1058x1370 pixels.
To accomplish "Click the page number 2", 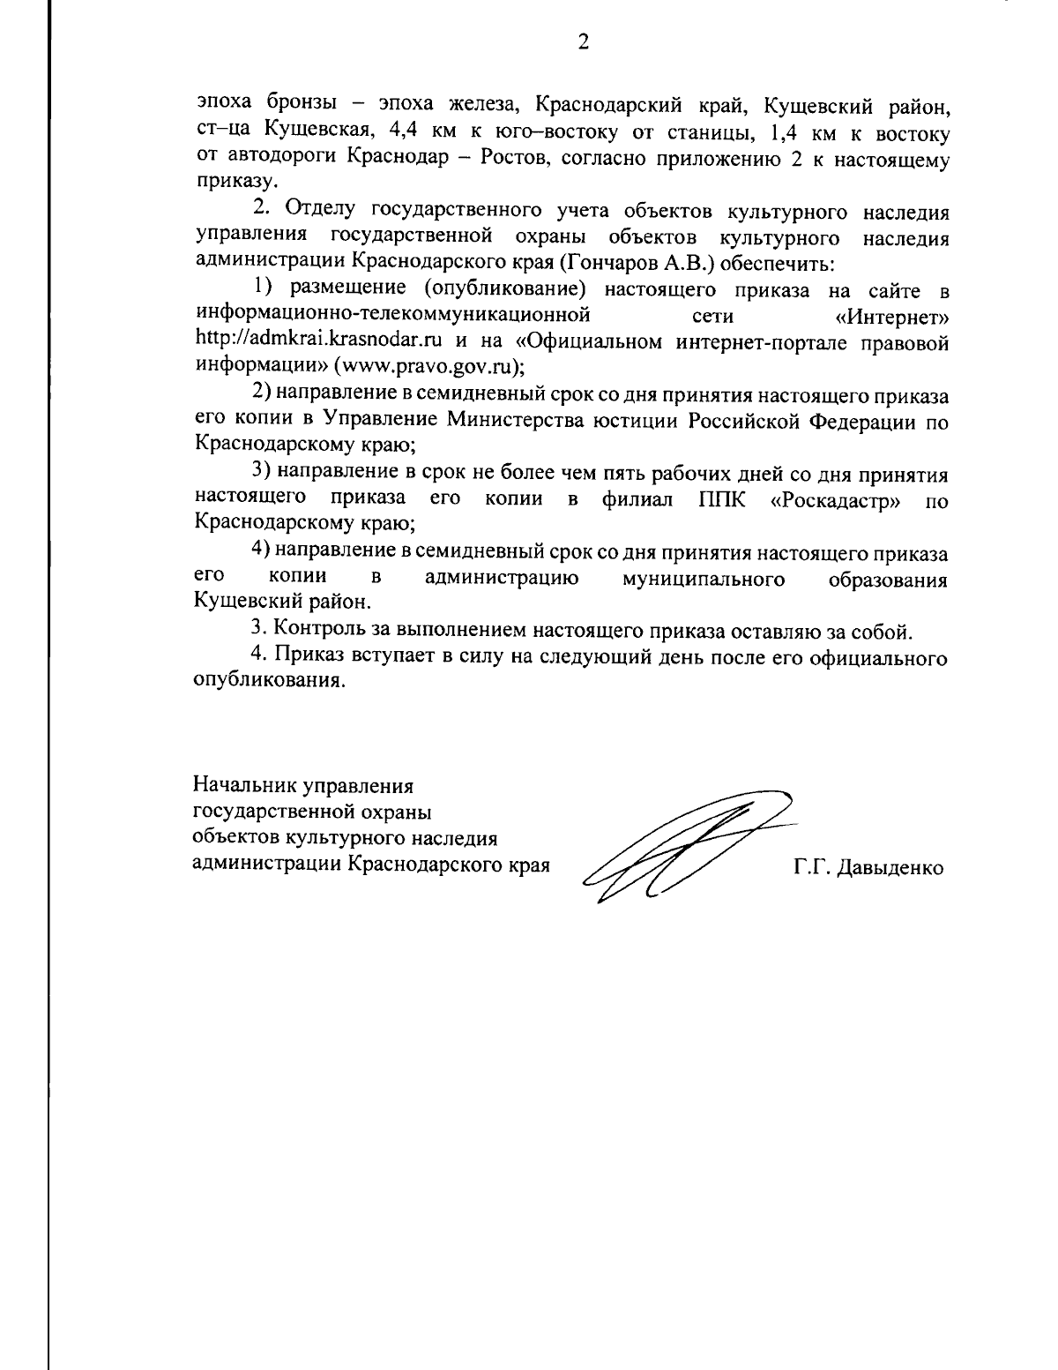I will [x=582, y=41].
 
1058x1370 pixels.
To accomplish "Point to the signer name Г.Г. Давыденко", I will [x=868, y=868].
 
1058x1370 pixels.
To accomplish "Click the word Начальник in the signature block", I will [x=244, y=783].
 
